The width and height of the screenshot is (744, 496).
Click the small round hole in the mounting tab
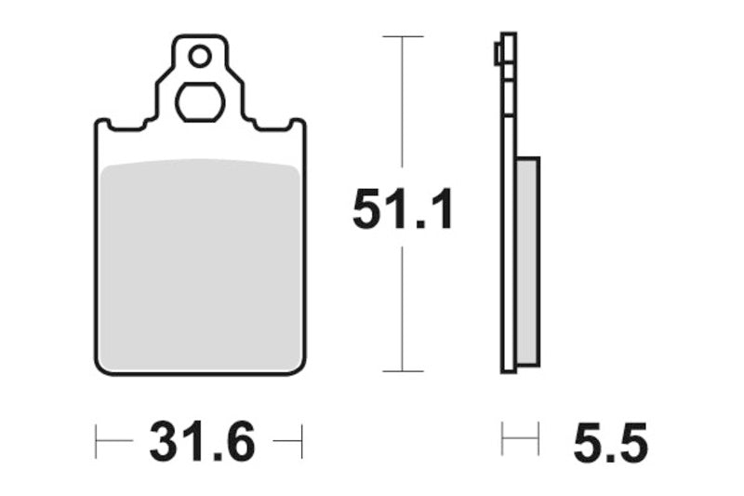coord(200,57)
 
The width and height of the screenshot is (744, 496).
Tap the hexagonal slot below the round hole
coord(199,102)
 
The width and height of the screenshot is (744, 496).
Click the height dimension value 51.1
coord(402,209)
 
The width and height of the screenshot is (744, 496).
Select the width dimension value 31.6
coord(201,442)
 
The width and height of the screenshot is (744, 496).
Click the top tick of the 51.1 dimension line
coord(402,36)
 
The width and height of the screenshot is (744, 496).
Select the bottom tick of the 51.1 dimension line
coord(402,371)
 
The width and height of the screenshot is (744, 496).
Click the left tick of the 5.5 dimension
coord(502,439)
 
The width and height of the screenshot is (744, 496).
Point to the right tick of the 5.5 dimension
coord(538,439)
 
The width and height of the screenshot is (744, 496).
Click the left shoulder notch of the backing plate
coord(104,124)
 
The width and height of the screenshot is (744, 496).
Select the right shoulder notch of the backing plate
coord(296,124)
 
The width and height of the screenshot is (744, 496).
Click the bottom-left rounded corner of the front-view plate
coord(101,368)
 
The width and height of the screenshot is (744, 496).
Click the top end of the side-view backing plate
coord(508,36)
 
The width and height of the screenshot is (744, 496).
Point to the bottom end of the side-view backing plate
coord(508,369)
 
